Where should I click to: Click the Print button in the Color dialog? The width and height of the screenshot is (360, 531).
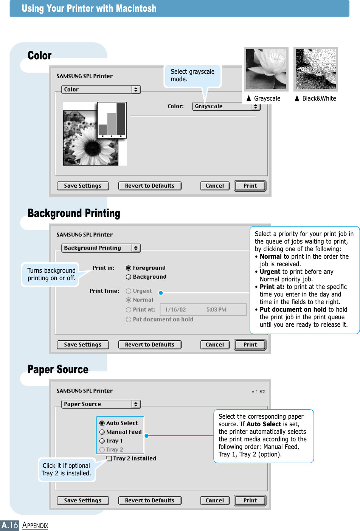(x=250, y=186)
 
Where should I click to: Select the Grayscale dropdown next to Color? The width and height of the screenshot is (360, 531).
(x=226, y=106)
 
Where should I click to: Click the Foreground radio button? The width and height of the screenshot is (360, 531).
(x=129, y=268)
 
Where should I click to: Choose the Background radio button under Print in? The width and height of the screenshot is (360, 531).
(x=129, y=277)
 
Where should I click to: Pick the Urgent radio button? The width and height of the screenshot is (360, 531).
(x=129, y=291)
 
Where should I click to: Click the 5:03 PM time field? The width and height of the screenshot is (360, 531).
(x=216, y=309)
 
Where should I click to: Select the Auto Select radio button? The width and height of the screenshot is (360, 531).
(x=102, y=423)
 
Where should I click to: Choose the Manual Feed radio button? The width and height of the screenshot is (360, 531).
(x=102, y=432)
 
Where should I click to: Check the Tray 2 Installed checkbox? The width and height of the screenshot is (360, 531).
(x=109, y=458)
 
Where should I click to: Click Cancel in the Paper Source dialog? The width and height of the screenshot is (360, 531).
(x=214, y=500)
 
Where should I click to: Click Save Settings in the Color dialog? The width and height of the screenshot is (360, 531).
(x=83, y=186)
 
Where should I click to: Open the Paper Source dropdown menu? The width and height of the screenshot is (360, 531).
(x=101, y=404)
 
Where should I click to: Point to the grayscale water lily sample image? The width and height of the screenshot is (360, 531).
(x=266, y=69)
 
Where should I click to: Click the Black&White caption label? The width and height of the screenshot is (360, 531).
(x=319, y=98)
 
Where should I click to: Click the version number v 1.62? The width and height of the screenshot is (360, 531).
(x=258, y=392)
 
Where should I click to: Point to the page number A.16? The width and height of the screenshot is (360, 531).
(x=9, y=525)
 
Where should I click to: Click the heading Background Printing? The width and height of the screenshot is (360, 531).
(x=74, y=213)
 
